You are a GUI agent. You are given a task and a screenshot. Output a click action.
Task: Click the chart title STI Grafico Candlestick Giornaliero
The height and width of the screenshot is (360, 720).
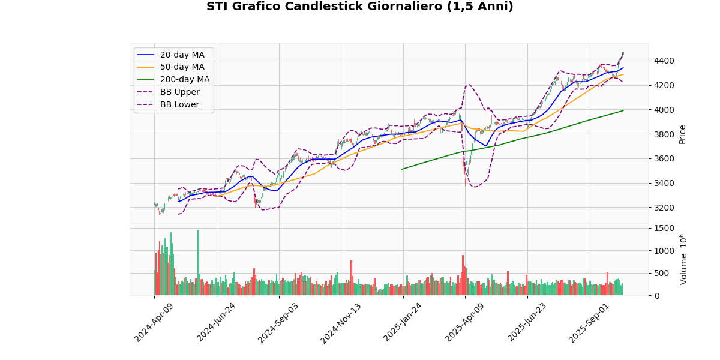click(360, 7)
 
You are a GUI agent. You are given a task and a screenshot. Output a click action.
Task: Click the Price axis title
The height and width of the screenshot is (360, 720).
click(682, 134)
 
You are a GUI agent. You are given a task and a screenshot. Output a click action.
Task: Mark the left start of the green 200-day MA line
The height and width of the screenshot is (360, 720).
click(402, 169)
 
